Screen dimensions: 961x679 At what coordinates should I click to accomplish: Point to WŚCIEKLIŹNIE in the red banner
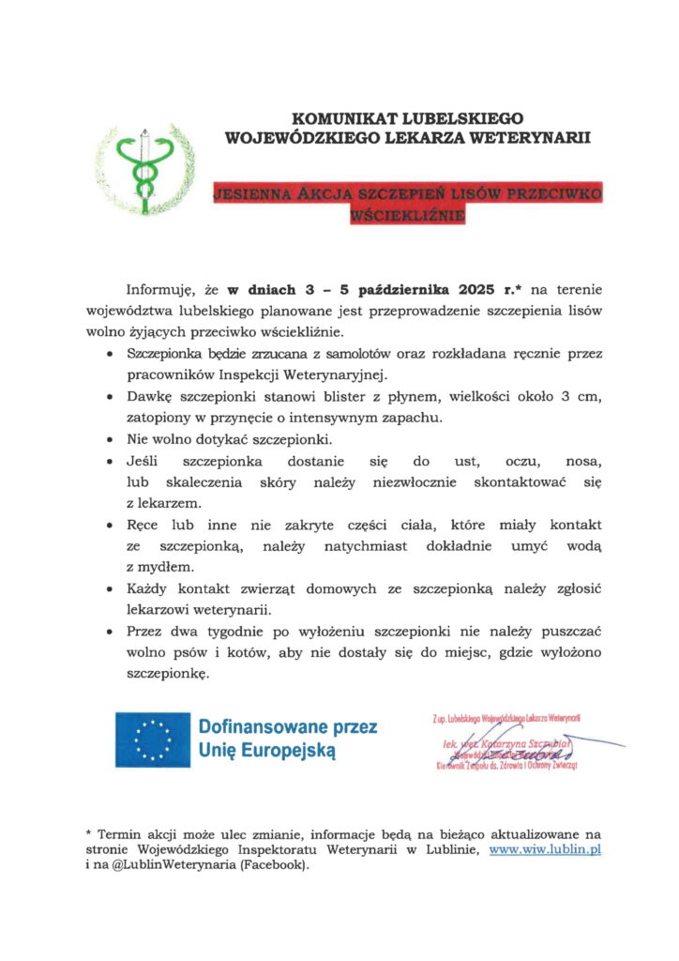(x=407, y=215)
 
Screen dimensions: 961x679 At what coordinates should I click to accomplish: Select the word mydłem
(x=164, y=567)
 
